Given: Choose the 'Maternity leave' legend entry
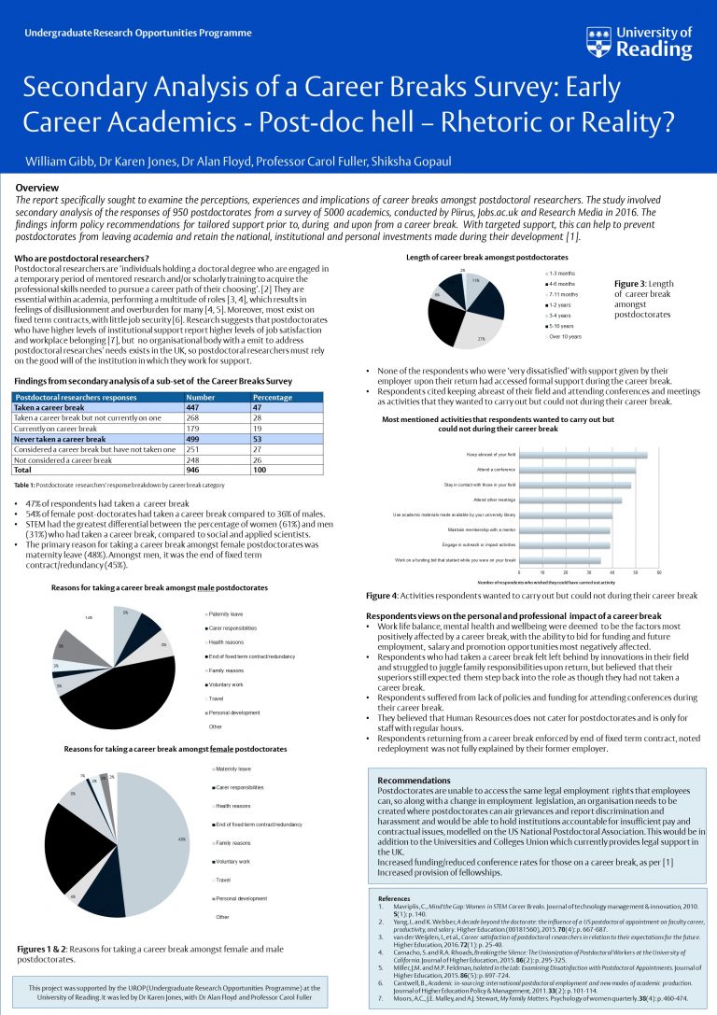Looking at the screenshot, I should pyautogui.click(x=233, y=768).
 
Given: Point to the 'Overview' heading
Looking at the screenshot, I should pyautogui.click(x=36, y=188).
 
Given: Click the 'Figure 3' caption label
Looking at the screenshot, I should pyautogui.click(x=634, y=283).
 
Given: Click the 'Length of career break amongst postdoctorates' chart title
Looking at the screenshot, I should pyautogui.click(x=486, y=256).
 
